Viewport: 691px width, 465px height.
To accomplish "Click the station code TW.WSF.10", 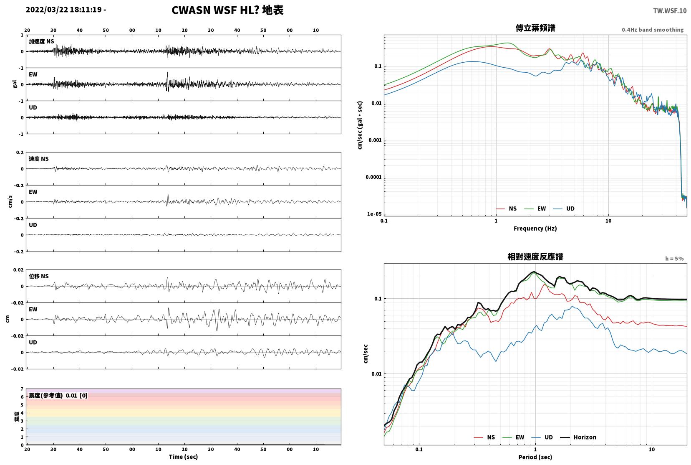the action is (x=670, y=11).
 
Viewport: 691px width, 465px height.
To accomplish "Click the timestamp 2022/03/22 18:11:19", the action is (x=64, y=10).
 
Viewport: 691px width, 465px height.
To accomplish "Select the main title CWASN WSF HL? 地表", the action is (x=227, y=10).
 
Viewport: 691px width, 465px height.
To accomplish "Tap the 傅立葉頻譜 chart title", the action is (x=535, y=28).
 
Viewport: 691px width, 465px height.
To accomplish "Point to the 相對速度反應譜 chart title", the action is (x=535, y=257).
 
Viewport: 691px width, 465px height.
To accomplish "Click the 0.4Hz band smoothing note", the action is (x=653, y=30).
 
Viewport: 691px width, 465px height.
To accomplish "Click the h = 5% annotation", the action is (x=674, y=259).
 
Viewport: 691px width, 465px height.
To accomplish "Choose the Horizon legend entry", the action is (x=578, y=437).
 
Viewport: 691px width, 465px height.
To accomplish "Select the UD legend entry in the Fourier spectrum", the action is (x=564, y=209).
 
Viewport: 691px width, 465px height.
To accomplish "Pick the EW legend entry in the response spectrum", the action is (x=513, y=437).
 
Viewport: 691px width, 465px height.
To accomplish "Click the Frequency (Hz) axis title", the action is (x=535, y=229).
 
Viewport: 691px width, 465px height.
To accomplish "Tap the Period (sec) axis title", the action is (x=535, y=457).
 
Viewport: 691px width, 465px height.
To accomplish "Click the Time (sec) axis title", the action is (x=183, y=457).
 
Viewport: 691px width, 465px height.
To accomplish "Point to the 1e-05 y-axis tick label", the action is (x=374, y=214).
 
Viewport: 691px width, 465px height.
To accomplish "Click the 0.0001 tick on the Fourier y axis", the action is (x=373, y=177).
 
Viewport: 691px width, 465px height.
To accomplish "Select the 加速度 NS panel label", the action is (x=41, y=41).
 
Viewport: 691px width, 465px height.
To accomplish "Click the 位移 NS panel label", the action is (x=38, y=276).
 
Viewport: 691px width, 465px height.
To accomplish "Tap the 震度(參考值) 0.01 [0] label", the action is (x=58, y=396).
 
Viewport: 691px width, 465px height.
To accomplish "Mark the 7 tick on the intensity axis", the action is (x=22, y=389).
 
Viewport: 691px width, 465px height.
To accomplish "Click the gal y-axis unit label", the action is (x=15, y=84).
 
